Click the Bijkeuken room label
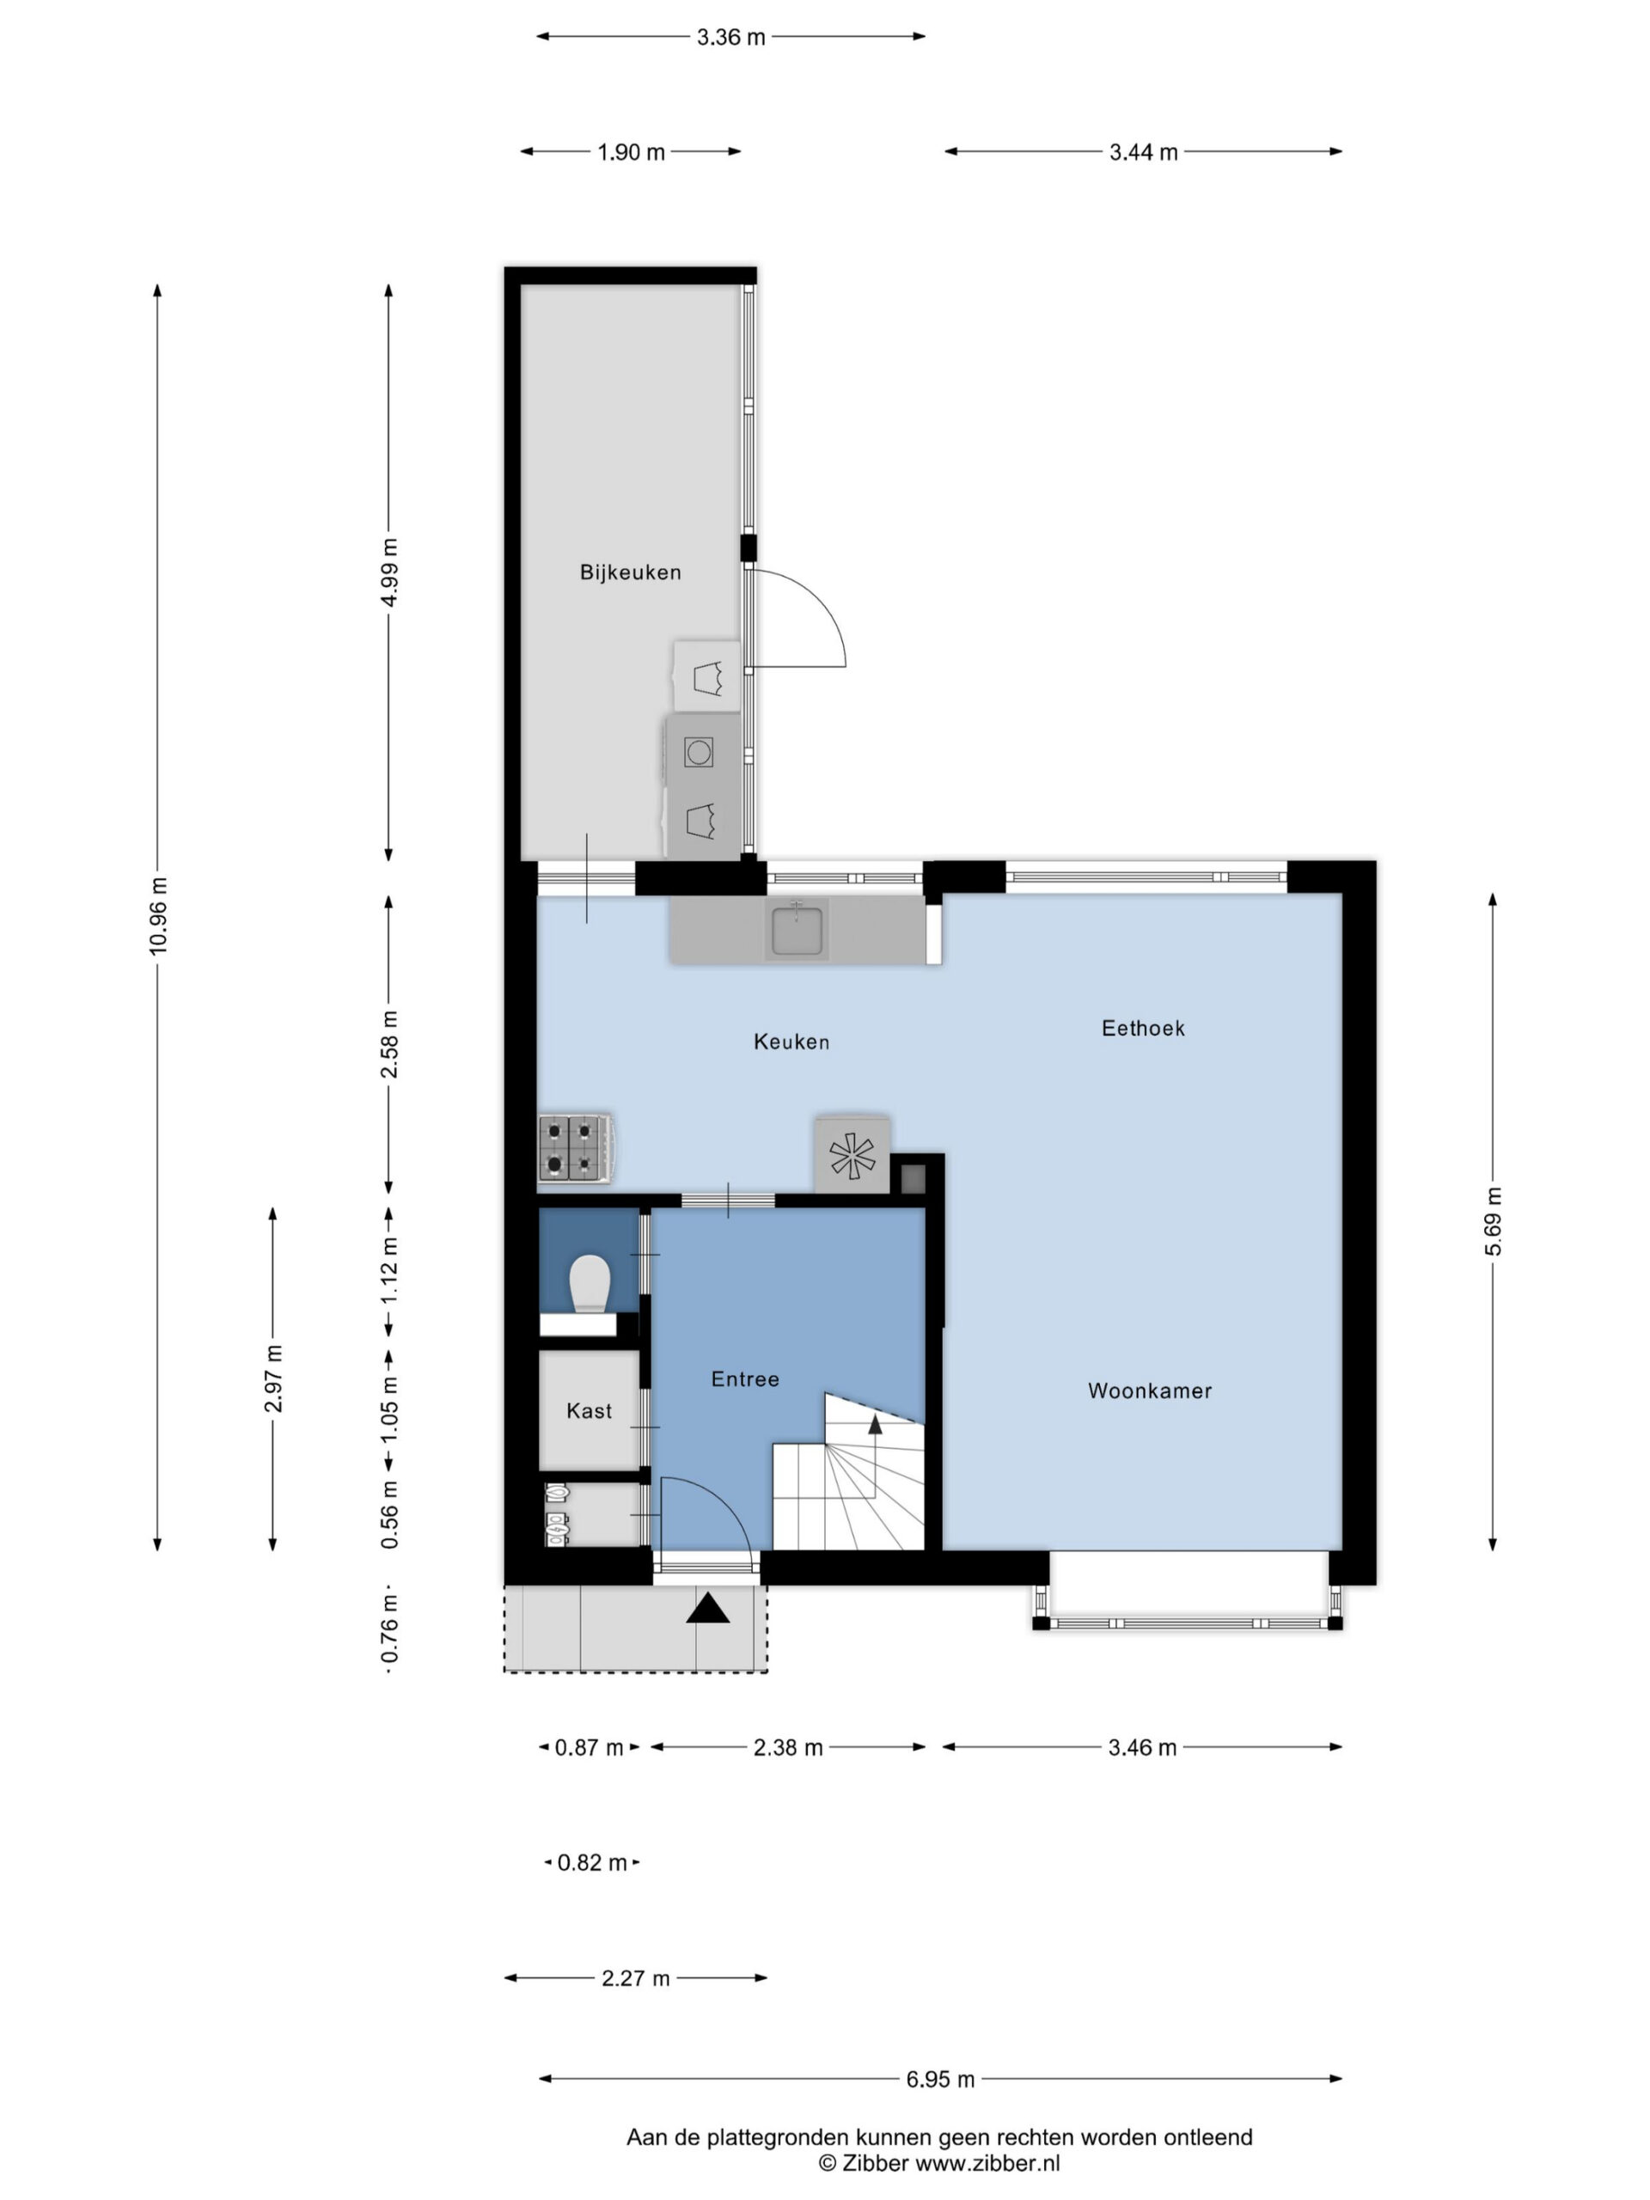630,571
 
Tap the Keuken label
791,1042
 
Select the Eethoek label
1143,1029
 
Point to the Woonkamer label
1150,1390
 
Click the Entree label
745,1378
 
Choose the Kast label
589,1410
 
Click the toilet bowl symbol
590,1283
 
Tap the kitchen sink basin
796,929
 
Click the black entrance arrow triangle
707,1608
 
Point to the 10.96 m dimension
158,916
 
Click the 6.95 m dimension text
940,2078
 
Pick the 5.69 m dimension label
1493,1221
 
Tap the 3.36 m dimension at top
731,37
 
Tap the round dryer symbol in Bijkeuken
700,753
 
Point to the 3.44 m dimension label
1144,152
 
